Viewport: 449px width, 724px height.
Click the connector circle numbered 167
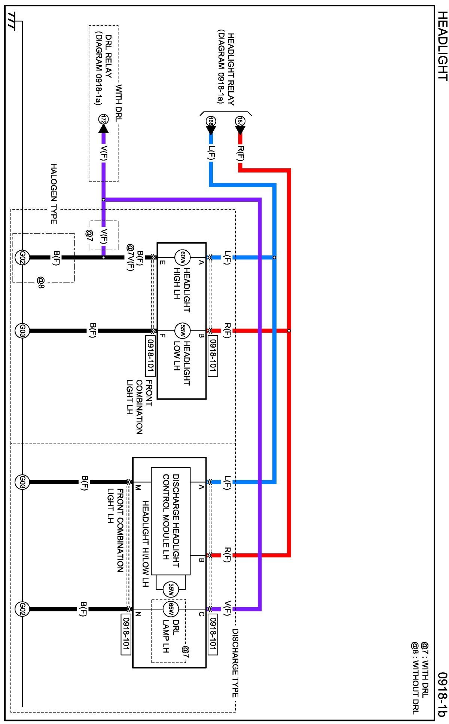pyautogui.click(x=240, y=121)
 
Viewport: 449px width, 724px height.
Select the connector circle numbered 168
pyautogui.click(x=211, y=121)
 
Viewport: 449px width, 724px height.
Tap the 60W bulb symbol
pyautogui.click(x=183, y=257)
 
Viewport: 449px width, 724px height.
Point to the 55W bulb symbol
pyautogui.click(x=183, y=331)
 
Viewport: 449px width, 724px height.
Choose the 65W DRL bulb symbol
pyautogui.click(x=171, y=609)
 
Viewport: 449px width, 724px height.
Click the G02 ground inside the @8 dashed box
pyautogui.click(x=22, y=257)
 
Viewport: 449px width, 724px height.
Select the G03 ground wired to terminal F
pyautogui.click(x=22, y=331)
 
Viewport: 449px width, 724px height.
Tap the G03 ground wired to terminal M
pyautogui.click(x=22, y=482)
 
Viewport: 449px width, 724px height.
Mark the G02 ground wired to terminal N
pyautogui.click(x=22, y=609)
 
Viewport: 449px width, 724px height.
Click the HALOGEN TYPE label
pyautogui.click(x=54, y=194)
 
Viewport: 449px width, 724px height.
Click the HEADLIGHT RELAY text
pyautogui.click(x=231, y=69)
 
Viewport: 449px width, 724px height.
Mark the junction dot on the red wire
pyautogui.click(x=289, y=331)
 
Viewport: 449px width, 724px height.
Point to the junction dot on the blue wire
pyautogui.click(x=275, y=257)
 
